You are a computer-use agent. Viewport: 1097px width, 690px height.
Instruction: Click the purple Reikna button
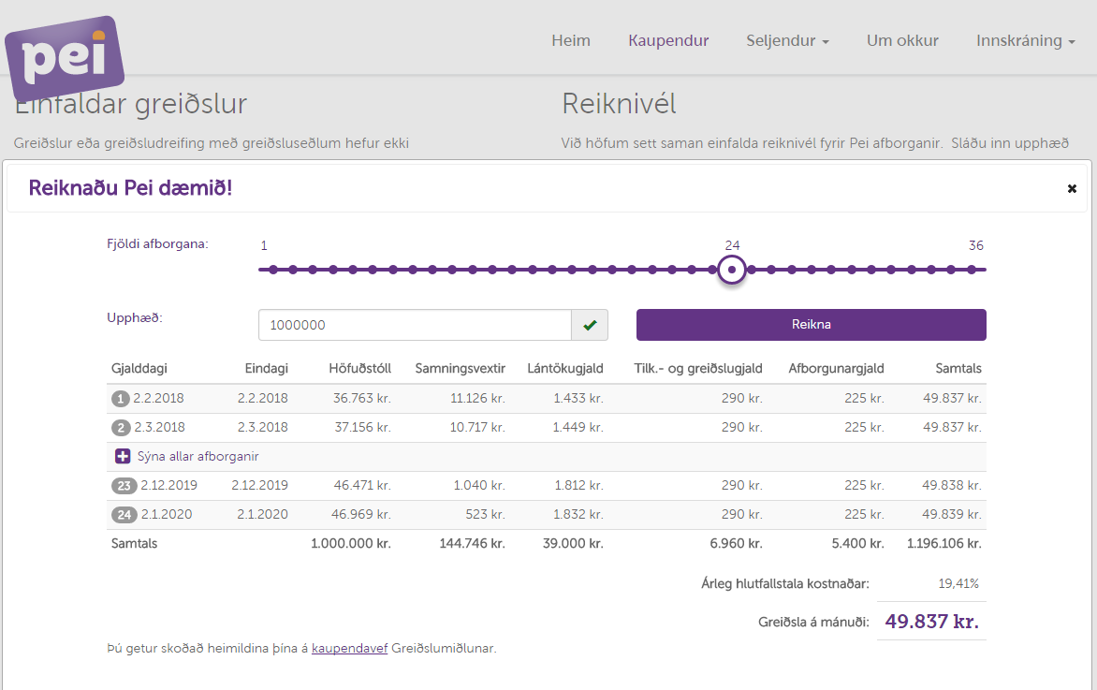[x=811, y=325]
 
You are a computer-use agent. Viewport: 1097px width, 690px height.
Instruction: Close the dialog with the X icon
[x=1072, y=189]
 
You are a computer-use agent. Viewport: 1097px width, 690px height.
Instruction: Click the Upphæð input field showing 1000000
[x=415, y=325]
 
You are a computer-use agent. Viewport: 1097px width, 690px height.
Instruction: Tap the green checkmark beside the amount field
[x=590, y=325]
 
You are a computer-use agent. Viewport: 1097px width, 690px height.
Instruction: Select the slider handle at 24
[x=733, y=270]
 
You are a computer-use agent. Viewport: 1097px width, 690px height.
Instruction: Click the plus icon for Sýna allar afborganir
[x=123, y=457]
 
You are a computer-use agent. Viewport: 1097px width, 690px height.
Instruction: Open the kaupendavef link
[x=349, y=648]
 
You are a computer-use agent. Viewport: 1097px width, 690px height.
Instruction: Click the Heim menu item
[x=571, y=40]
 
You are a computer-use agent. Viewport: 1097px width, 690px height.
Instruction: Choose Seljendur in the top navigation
[x=787, y=40]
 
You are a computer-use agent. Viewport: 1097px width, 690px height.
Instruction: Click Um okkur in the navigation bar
[x=902, y=40]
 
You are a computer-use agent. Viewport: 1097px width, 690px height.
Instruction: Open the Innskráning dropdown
[x=1025, y=40]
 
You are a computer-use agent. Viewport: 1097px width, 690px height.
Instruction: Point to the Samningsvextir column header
[x=460, y=369]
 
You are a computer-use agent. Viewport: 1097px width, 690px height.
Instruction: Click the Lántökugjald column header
[x=564, y=369]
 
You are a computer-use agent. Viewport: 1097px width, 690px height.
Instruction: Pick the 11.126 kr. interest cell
[x=477, y=398]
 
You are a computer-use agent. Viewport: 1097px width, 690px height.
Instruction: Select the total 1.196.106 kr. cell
[x=943, y=543]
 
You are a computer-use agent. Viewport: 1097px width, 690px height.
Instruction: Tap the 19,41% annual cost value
[x=958, y=584]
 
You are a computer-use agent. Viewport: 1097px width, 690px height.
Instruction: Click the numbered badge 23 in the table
[x=124, y=486]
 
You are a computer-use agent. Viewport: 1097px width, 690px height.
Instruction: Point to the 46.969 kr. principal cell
[x=361, y=514]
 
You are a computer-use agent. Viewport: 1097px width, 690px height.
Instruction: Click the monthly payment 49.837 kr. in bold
[x=931, y=623]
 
